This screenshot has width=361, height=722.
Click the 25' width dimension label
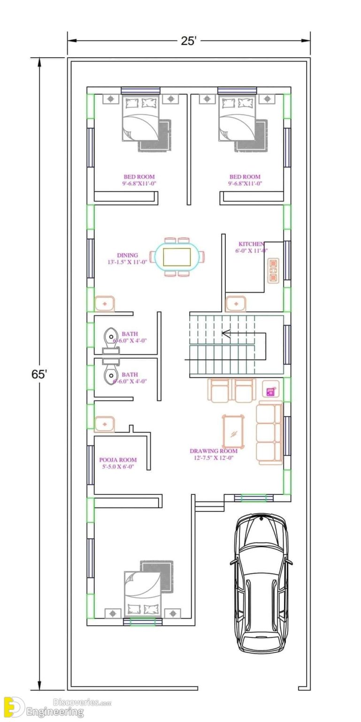[188, 41]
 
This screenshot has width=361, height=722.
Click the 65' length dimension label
[39, 375]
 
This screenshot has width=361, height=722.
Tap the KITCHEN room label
[251, 244]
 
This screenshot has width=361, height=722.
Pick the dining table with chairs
[177, 257]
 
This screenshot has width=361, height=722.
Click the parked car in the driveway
[261, 583]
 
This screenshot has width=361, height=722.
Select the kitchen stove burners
[273, 270]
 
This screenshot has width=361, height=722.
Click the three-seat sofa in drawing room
[269, 433]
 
